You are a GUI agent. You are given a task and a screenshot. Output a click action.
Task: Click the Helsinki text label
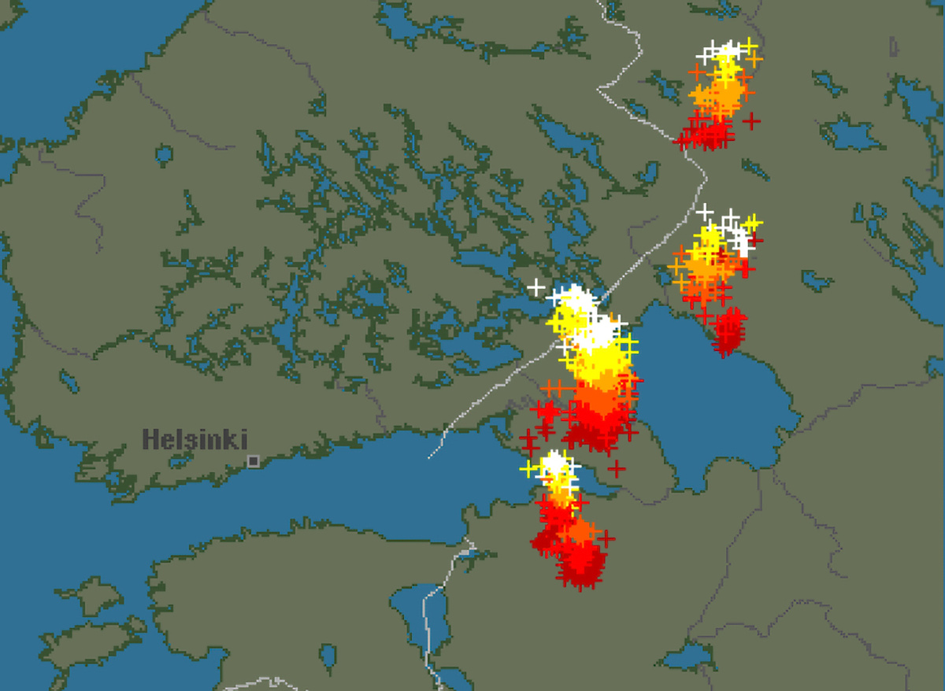coord(195,439)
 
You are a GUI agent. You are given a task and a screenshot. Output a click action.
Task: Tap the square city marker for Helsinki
coord(253,461)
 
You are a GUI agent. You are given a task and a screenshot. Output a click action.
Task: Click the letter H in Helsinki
coord(150,439)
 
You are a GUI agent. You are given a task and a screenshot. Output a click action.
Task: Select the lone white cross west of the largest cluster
coord(536,287)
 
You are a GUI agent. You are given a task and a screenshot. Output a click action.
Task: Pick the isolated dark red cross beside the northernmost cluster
coord(752,121)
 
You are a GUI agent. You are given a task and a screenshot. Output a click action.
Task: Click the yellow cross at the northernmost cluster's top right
coord(749,43)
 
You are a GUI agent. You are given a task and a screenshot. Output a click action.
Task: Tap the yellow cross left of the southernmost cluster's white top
coord(528,469)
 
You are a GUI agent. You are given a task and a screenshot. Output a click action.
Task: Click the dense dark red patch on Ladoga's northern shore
coord(728,331)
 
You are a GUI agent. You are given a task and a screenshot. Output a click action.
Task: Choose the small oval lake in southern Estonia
coord(328,655)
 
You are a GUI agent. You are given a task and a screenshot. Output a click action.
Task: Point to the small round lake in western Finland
coord(164,155)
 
